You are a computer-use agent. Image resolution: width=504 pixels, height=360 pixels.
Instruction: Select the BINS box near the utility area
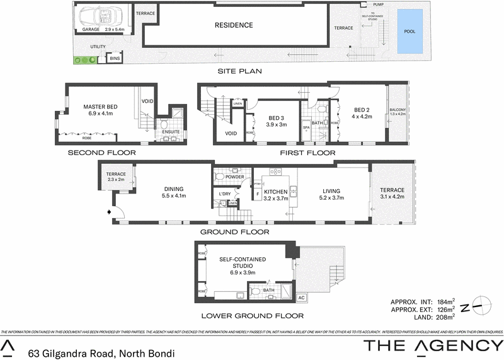[115, 59]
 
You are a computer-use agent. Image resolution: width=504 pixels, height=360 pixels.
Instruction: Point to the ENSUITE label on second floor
[169, 132]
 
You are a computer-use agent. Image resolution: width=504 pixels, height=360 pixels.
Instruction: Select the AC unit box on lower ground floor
[301, 297]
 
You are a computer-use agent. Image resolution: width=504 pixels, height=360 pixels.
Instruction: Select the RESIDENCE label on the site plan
[234, 26]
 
